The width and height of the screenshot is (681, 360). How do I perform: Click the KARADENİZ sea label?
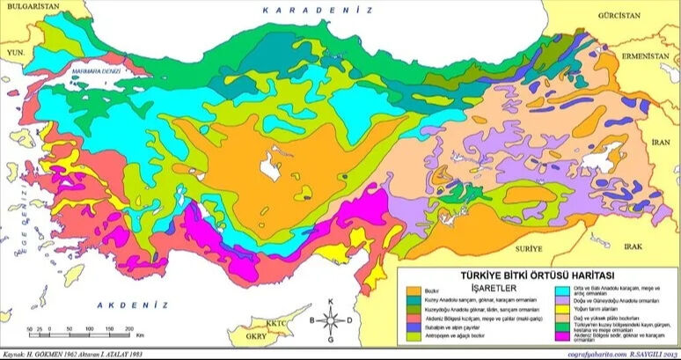click(x=318, y=10)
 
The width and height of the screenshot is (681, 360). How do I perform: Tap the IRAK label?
click(x=647, y=246)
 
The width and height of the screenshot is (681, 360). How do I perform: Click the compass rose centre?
click(x=330, y=320)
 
